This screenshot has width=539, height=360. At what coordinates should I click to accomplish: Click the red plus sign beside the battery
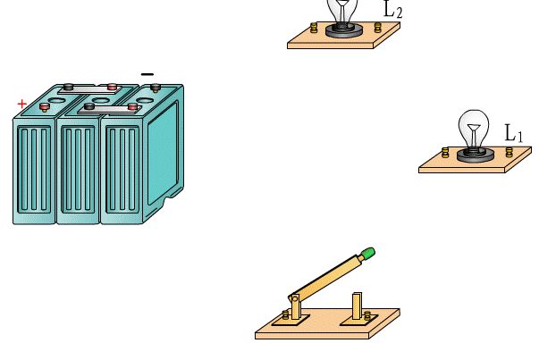point(21,104)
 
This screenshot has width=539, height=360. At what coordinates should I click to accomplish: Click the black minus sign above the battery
point(147,74)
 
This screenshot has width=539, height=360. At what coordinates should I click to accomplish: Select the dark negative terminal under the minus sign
point(156,87)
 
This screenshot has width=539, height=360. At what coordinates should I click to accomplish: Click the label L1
point(514,134)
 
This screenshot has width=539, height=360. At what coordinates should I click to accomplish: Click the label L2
point(392,10)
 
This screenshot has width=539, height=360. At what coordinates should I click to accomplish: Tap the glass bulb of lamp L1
point(474,128)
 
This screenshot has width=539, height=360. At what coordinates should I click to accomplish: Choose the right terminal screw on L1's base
point(510,152)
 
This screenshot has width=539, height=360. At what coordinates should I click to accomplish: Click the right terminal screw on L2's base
point(378,28)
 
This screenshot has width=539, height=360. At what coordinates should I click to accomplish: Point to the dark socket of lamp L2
point(343,30)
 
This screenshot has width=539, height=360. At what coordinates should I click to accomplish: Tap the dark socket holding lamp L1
point(475,155)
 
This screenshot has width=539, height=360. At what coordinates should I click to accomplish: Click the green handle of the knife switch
point(366,255)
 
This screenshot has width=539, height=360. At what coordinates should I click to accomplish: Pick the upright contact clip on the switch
point(358,306)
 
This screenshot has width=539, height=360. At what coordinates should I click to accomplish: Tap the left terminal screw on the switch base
point(286,314)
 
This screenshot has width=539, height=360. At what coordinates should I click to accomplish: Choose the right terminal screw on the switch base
point(367,314)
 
